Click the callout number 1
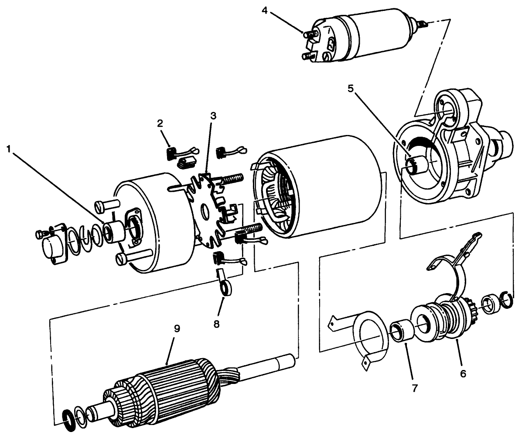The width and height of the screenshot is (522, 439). point(9,149)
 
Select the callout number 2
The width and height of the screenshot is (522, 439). point(160,124)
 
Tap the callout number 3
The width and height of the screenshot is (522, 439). point(213,116)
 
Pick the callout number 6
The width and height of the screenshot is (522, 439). point(463,373)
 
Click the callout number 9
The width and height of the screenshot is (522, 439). point(177,328)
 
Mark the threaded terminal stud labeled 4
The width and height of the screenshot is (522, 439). point(309,33)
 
